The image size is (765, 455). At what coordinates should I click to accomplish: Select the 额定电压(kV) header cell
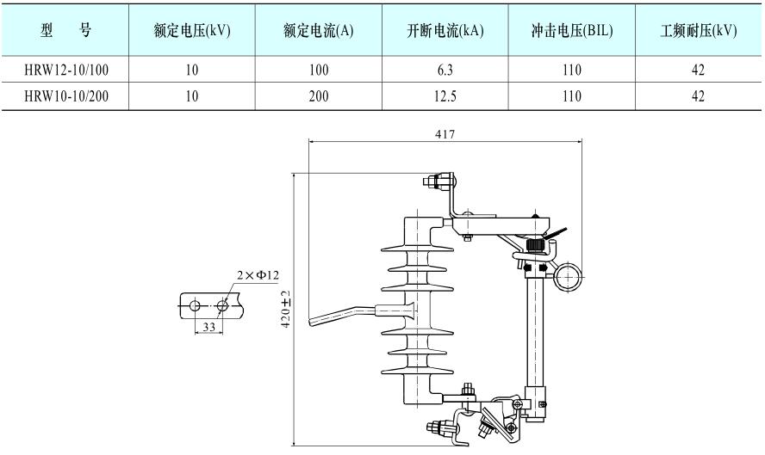click(192, 30)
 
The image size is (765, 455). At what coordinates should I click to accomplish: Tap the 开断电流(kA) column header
click(445, 30)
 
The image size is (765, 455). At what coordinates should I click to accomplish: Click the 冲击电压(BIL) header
click(572, 30)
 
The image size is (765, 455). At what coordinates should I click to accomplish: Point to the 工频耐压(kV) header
click(699, 30)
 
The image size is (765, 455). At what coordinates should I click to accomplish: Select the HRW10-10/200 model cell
click(65, 96)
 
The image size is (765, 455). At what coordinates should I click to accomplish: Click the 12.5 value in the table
click(445, 96)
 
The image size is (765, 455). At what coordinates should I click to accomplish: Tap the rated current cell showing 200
click(319, 96)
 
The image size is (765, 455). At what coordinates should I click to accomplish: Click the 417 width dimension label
click(445, 134)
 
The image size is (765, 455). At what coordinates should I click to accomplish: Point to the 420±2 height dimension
click(288, 307)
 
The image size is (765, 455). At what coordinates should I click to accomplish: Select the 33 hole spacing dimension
click(208, 327)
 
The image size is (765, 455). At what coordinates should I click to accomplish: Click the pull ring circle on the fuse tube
click(569, 277)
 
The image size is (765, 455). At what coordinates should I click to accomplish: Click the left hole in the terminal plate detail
click(196, 305)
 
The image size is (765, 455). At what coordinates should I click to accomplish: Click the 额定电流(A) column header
click(319, 30)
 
